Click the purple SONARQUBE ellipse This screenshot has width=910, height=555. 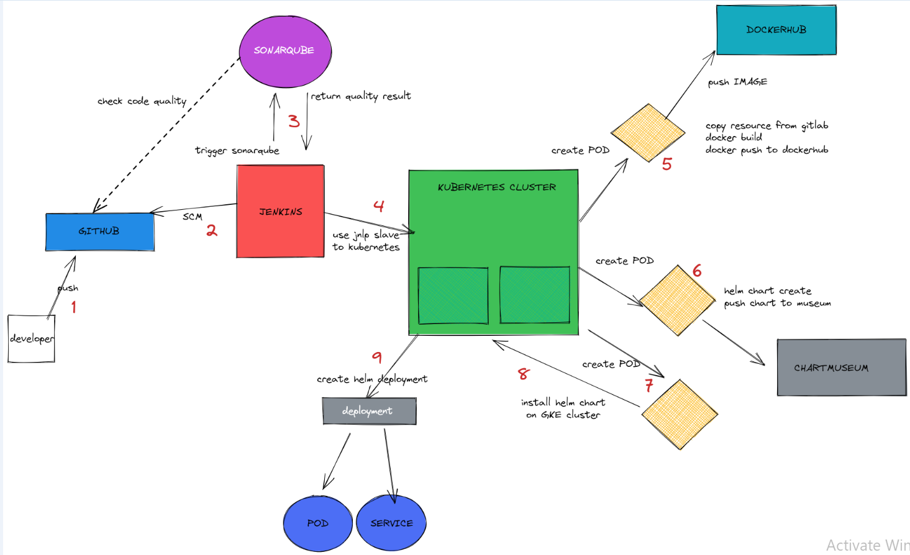point(285,52)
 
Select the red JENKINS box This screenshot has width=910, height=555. point(280,211)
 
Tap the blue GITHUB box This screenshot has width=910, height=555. point(100,232)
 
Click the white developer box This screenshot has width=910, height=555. point(31,338)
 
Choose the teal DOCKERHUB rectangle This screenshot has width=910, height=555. point(776,30)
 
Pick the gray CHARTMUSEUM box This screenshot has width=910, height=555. point(842,368)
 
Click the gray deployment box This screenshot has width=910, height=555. point(370,411)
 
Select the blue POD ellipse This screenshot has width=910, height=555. point(317,523)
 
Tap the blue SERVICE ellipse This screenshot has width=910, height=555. point(391,523)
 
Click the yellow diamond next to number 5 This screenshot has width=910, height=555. point(648,132)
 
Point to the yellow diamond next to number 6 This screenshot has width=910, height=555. point(677,300)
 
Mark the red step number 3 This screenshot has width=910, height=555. point(294,121)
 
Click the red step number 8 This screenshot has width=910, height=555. point(524,374)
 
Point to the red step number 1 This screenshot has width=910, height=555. point(73,307)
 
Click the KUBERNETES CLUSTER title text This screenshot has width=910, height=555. point(497,187)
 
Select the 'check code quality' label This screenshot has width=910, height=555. point(142,101)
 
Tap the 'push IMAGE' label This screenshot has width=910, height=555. point(738,82)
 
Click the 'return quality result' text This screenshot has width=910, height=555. point(361,96)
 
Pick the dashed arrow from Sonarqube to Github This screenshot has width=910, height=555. point(166,135)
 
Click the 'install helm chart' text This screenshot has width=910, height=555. point(563,402)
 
